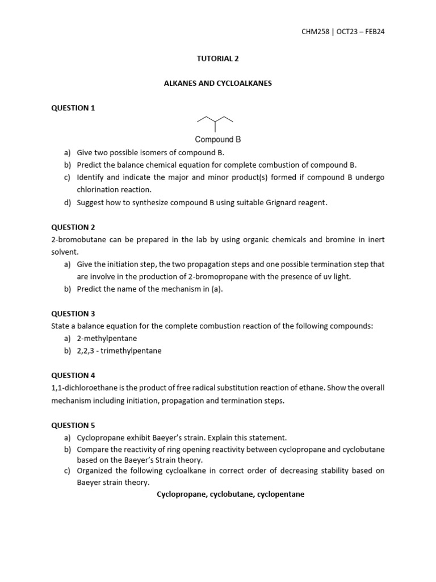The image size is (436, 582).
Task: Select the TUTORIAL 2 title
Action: [x=218, y=57]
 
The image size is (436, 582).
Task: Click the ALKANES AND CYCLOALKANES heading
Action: [x=218, y=83]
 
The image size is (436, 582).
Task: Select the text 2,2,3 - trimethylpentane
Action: [x=119, y=351]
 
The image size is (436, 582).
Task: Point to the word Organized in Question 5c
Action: [x=95, y=471]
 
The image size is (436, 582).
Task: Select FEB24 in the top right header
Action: [x=372, y=31]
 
